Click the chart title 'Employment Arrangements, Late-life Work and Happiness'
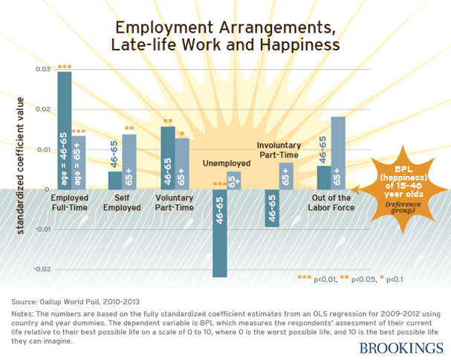225,36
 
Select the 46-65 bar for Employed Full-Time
65,130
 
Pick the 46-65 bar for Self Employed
115,180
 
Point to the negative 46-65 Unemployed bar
219,233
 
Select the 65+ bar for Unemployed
234,180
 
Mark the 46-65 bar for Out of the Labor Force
324,177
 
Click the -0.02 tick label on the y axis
43,269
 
